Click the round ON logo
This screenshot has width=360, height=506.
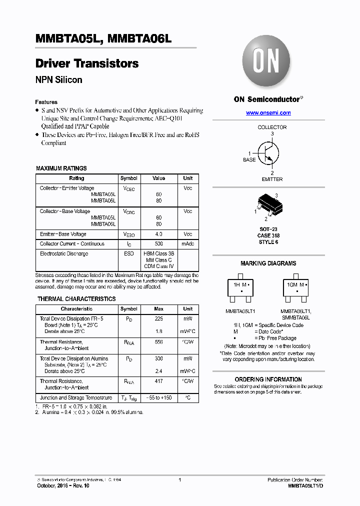[x=266, y=63]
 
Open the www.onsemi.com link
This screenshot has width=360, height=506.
[x=268, y=113]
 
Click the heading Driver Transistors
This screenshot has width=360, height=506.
[x=87, y=64]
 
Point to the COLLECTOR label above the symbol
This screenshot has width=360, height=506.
[x=272, y=127]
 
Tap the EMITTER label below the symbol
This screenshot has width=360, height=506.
[x=272, y=179]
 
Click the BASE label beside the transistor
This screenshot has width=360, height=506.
[x=249, y=160]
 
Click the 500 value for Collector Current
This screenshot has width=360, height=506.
[x=158, y=244]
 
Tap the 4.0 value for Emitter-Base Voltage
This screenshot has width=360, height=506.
[x=158, y=234]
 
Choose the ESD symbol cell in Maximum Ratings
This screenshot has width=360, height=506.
[x=129, y=254]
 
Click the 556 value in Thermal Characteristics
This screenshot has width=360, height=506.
[x=158, y=342]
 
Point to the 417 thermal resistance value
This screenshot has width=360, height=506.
[x=158, y=381]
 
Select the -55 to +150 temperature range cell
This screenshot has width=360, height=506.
[x=158, y=398]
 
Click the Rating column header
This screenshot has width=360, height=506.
[x=76, y=178]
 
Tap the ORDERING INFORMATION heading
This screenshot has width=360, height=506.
[x=268, y=379]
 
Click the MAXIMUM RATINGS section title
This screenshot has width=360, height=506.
[x=61, y=168]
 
